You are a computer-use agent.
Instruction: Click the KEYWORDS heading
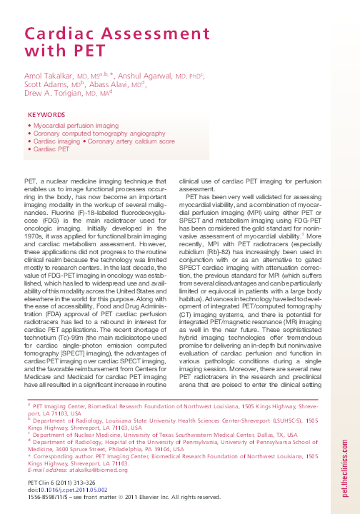(46, 115)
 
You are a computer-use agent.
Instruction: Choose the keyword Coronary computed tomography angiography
(89, 133)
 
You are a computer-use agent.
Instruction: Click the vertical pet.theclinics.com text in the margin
(346, 442)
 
